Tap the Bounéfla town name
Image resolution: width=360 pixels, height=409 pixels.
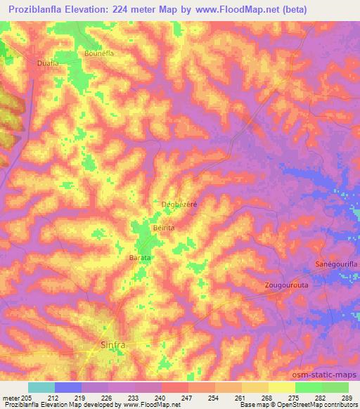98,53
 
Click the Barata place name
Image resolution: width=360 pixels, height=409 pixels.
141,258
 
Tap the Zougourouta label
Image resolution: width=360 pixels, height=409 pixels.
287,286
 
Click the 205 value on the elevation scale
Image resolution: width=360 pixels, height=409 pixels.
28,398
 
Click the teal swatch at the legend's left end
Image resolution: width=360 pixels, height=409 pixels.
41,387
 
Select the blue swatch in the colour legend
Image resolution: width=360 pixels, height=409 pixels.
68,387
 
